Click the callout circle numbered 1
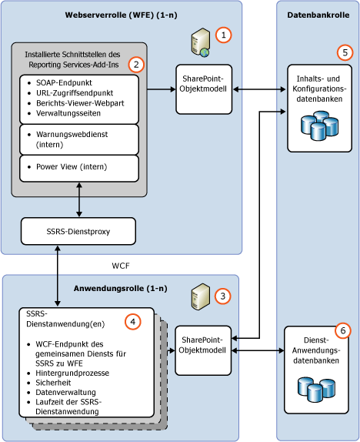coord(222,35)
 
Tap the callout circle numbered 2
coord(136,64)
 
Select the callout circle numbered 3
coord(222,296)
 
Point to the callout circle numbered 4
coord(135,322)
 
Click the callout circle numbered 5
coord(344,53)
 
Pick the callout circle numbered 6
coord(343,330)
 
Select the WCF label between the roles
coord(122,264)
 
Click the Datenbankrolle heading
coord(317,15)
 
